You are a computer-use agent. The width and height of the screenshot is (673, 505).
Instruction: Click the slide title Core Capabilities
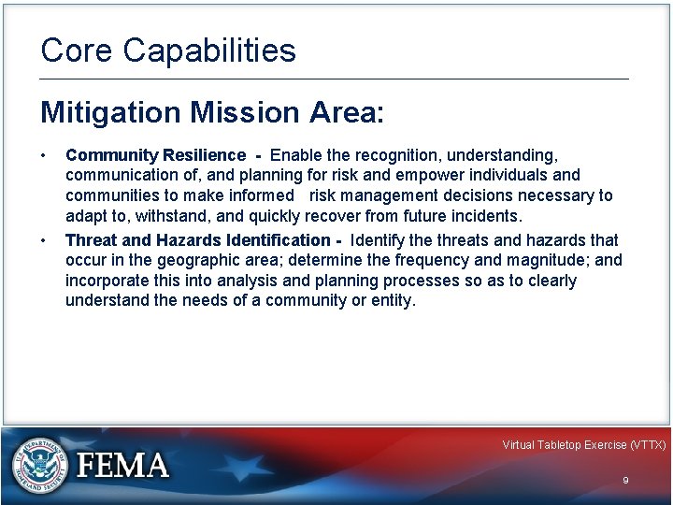pyautogui.click(x=168, y=50)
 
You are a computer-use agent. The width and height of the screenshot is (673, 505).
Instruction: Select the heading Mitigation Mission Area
pyautogui.click(x=211, y=113)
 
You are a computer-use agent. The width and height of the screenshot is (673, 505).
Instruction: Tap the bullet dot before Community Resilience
pyautogui.click(x=44, y=154)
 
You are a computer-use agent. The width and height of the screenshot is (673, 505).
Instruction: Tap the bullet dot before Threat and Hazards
pyautogui.click(x=44, y=240)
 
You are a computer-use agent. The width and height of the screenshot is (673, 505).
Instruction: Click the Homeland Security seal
pyautogui.click(x=40, y=465)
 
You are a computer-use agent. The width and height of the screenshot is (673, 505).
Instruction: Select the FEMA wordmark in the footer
pyautogui.click(x=122, y=466)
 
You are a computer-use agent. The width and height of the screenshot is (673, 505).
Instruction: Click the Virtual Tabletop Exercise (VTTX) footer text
pyautogui.click(x=583, y=445)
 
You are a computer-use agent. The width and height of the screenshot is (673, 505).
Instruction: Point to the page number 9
pyautogui.click(x=625, y=480)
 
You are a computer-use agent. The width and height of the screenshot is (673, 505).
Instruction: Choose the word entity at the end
pyautogui.click(x=392, y=301)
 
